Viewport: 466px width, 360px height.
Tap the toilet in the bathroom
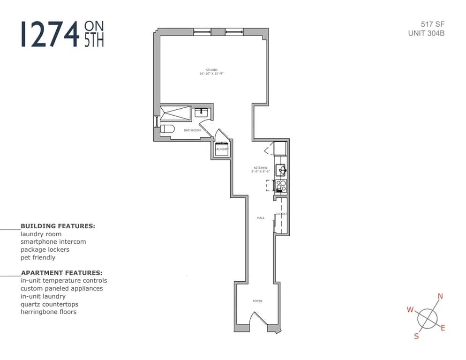tap(167, 129)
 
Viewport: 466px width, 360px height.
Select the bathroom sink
tap(202, 112)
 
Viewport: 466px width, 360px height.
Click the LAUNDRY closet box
tap(222, 149)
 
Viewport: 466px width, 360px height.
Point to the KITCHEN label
tap(261, 168)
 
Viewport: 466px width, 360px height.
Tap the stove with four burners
tap(281, 186)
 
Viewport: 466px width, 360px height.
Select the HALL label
tap(261, 218)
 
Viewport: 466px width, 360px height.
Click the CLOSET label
tap(281, 214)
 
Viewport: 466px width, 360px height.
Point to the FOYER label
tap(257, 301)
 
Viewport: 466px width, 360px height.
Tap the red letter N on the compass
tap(440, 296)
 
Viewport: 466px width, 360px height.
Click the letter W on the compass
tap(410, 309)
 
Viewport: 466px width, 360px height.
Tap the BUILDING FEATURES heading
tap(58, 226)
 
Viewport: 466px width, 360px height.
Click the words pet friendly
tap(38, 257)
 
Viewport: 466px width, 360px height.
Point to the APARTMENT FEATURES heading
tap(61, 272)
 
